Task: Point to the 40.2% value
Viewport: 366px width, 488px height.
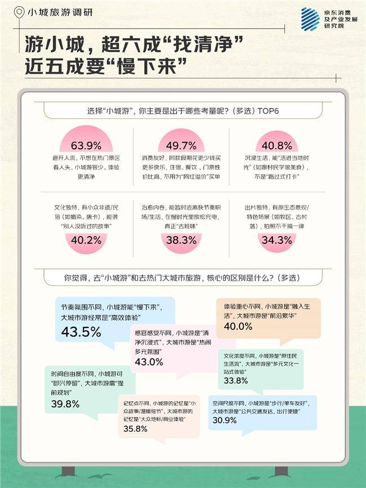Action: click(86, 240)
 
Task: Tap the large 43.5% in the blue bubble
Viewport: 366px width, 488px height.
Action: click(81, 331)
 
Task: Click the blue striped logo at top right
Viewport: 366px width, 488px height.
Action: click(310, 19)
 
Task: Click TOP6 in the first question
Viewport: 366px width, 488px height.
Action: click(266, 110)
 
